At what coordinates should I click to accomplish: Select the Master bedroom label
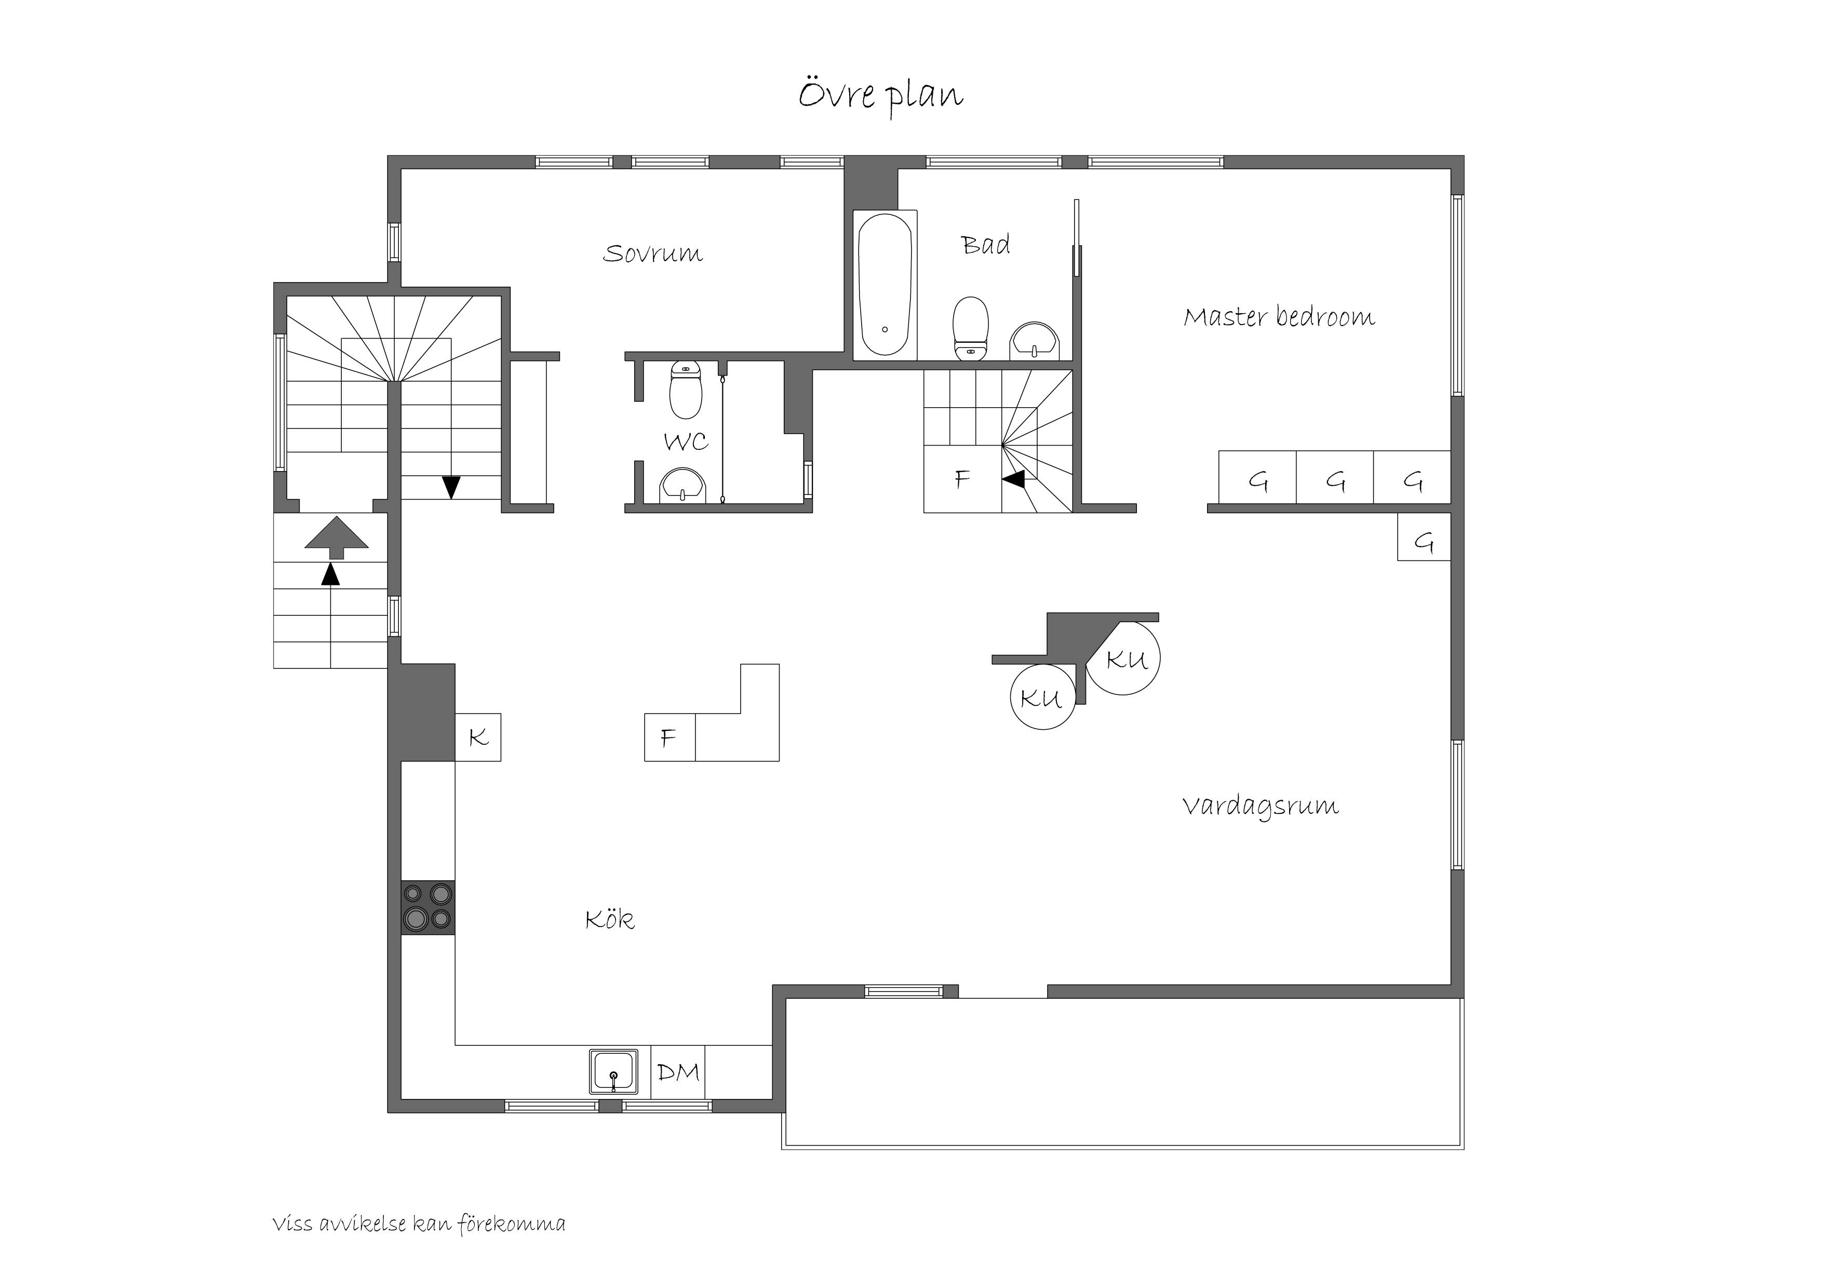1278,317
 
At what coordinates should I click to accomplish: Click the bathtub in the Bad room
885,284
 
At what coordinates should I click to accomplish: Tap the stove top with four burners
428,907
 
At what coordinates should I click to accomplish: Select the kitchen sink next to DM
613,1072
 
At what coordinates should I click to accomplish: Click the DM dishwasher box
678,1072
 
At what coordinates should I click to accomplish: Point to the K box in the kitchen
478,737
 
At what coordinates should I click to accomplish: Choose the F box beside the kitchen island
669,738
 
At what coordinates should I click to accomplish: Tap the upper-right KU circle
1123,659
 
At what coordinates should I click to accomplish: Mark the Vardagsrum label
1260,806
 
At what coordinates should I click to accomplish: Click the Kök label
609,920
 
